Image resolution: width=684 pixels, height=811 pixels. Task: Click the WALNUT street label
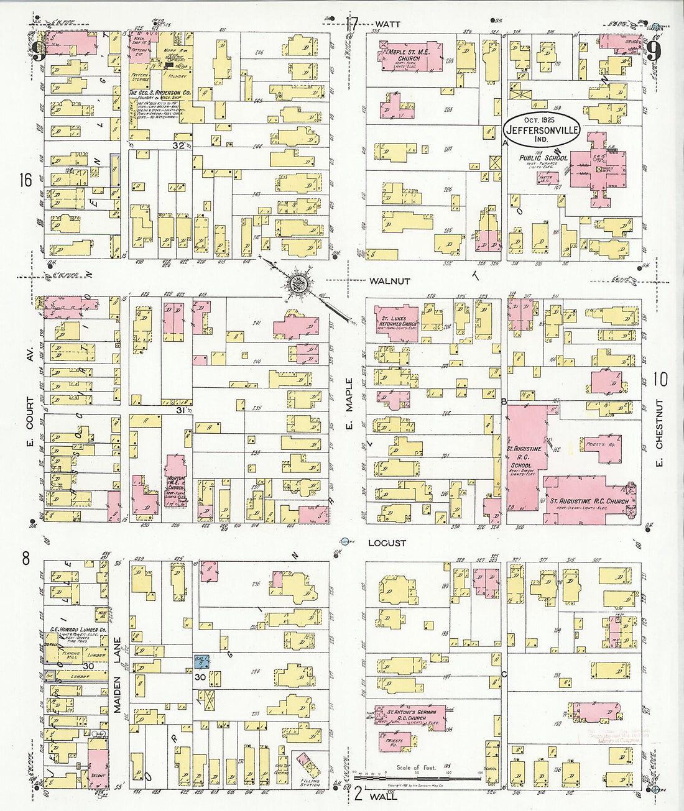(389, 281)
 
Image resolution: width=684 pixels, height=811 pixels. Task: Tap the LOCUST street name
(387, 543)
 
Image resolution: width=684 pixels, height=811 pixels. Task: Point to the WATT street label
(387, 24)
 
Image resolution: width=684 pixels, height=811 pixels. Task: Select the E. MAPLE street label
(349, 403)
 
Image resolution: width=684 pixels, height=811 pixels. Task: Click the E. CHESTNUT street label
(659, 433)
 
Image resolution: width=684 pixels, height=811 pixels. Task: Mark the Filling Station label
(310, 782)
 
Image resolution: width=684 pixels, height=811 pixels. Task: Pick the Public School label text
(543, 158)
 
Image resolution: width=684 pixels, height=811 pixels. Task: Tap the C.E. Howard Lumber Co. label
(78, 630)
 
